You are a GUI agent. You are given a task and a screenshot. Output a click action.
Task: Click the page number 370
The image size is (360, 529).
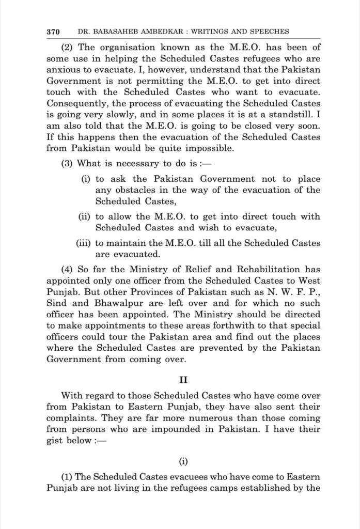54,31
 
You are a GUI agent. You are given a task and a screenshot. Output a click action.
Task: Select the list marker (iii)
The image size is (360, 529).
84,243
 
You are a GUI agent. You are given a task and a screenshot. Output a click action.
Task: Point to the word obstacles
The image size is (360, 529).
136,191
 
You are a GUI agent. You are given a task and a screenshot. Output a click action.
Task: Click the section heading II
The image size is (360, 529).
183,380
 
